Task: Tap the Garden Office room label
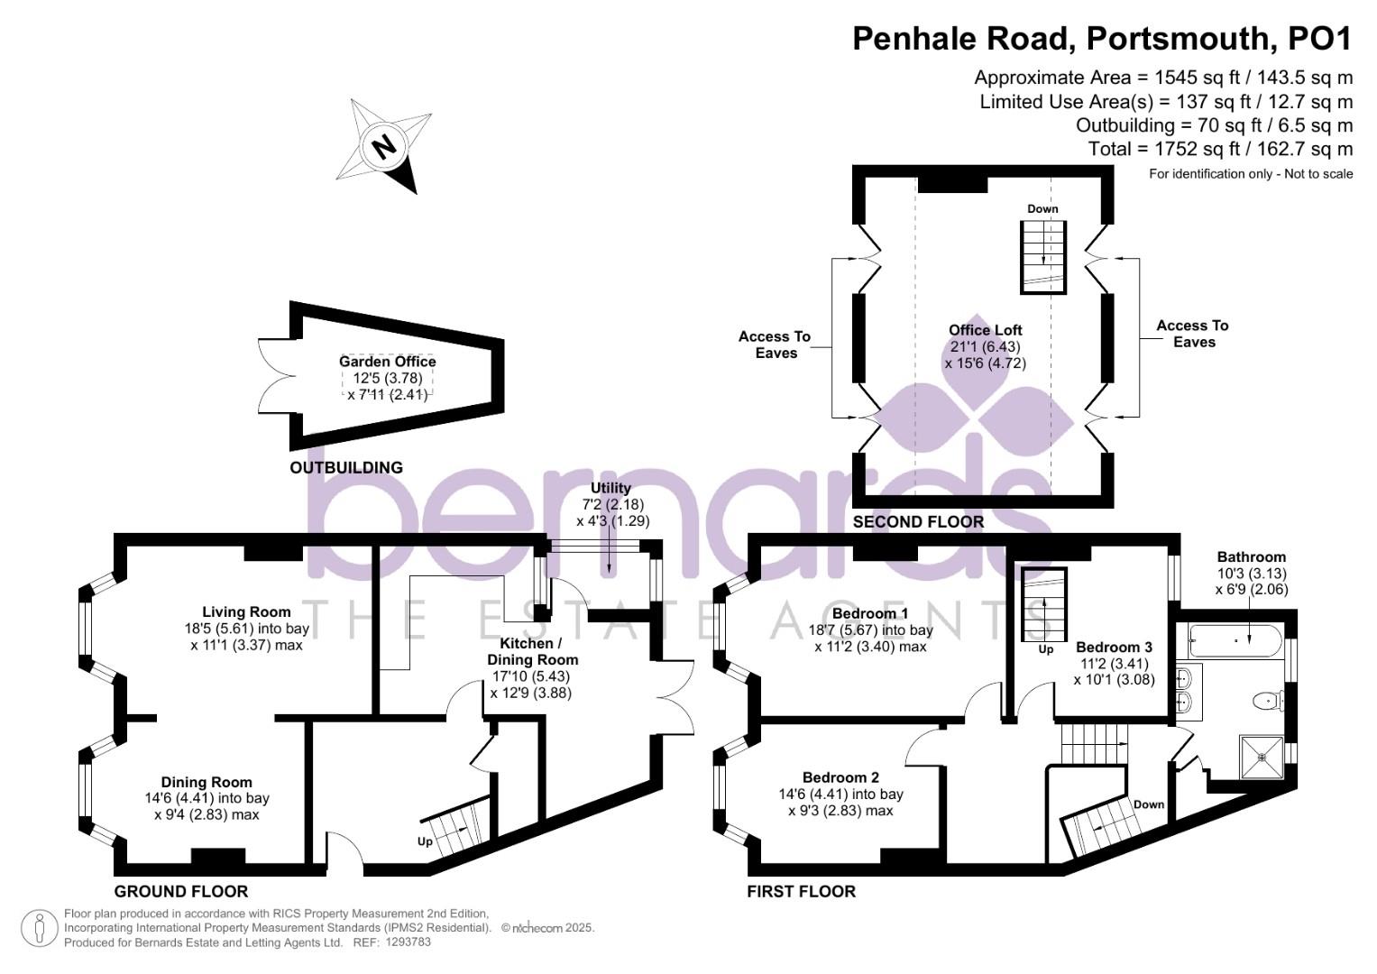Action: [387, 362]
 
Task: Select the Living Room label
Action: [246, 612]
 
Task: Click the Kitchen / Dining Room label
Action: [531, 652]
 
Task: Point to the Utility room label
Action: [610, 488]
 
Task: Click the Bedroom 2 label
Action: [840, 777]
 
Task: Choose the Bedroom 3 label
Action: [1114, 648]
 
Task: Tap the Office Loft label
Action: [985, 330]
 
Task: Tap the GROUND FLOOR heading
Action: [181, 892]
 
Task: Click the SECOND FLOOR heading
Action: [918, 522]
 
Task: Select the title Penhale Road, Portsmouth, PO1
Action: [1102, 39]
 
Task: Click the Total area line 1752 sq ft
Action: [1220, 149]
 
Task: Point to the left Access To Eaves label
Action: [775, 345]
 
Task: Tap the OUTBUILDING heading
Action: [345, 468]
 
